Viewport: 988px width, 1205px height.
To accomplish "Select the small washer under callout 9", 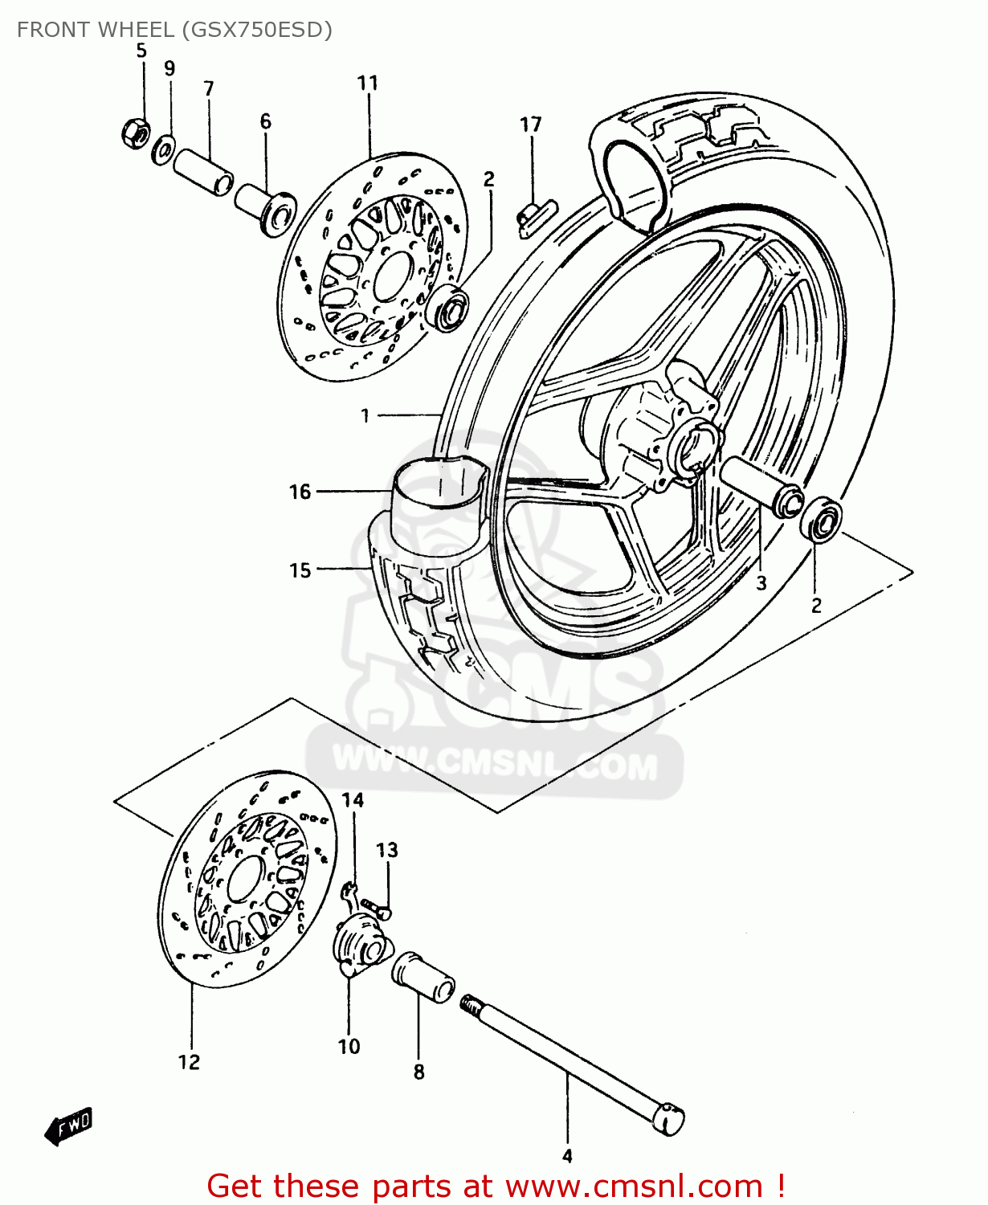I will (164, 149).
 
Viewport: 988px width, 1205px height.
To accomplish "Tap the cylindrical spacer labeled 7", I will (204, 170).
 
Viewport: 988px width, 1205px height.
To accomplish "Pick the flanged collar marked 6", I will (265, 209).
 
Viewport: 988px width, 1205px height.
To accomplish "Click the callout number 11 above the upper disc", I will (367, 83).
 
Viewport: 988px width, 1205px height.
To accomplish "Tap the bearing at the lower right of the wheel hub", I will (821, 520).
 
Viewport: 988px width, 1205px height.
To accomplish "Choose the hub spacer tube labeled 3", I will (761, 485).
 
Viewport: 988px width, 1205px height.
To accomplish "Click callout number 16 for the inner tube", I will (300, 492).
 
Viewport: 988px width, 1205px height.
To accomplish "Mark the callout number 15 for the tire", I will (300, 570).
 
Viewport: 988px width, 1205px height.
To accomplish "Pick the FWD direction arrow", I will (70, 1125).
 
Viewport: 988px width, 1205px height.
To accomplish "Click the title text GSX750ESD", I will (257, 30).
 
